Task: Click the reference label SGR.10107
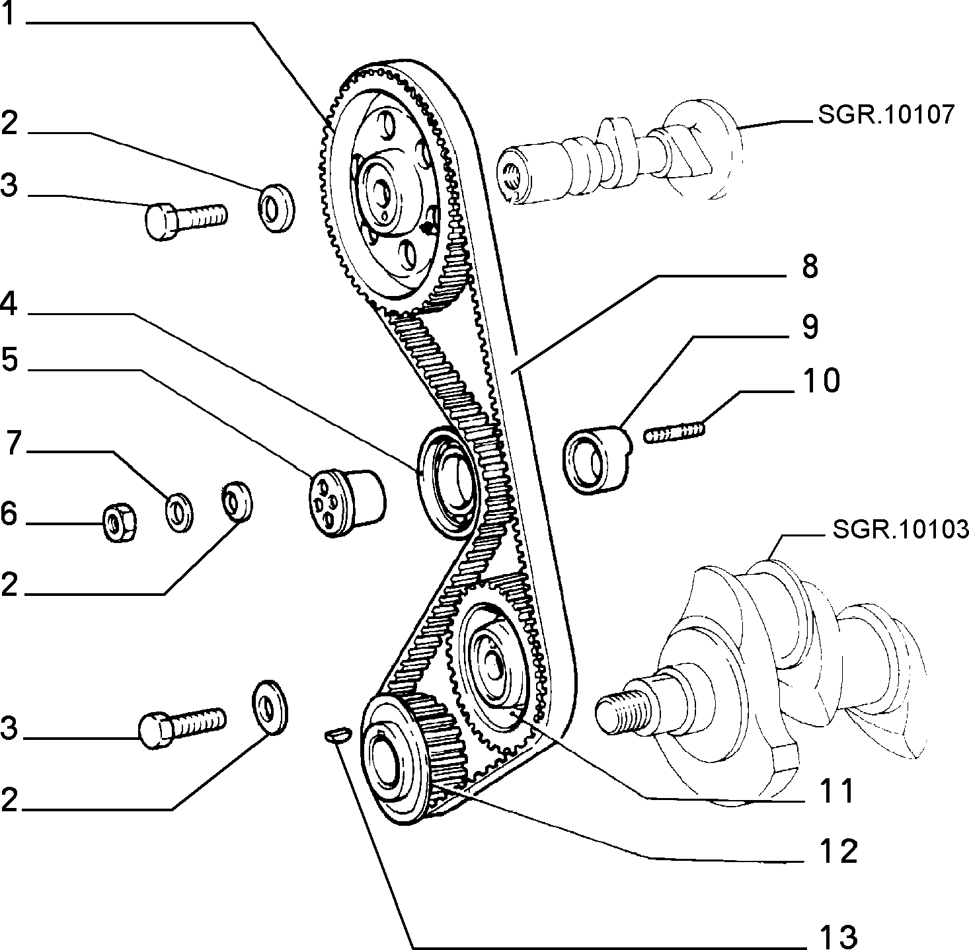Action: coord(886,115)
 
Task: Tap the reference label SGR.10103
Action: coord(900,529)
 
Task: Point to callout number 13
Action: coord(837,935)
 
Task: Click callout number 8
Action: coord(810,266)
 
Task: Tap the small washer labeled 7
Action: coord(179,512)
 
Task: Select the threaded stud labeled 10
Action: coord(674,433)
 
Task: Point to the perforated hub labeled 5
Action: coord(347,503)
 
